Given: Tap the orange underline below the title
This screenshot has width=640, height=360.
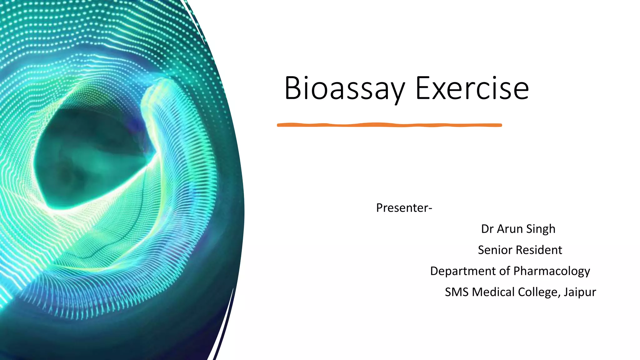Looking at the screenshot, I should click(x=389, y=125).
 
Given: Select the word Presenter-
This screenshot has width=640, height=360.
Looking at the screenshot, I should click(x=404, y=208).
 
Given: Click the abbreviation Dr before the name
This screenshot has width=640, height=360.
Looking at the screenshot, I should click(x=487, y=229).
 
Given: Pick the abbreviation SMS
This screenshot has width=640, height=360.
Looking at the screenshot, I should click(x=457, y=292).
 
